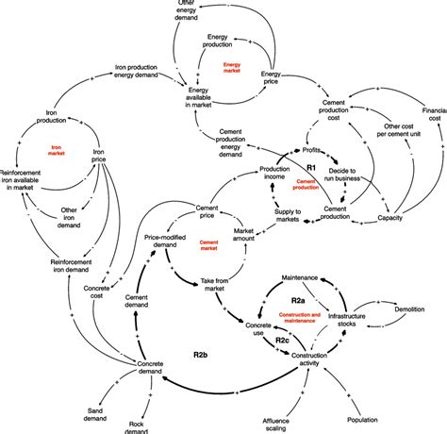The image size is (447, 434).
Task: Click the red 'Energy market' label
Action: pos(232,66)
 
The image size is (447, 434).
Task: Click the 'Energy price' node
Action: pos(272,78)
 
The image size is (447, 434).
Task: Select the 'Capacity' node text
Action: pos(390,218)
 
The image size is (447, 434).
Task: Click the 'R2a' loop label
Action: pos(293,299)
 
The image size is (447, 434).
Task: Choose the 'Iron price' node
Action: pos(104,156)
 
